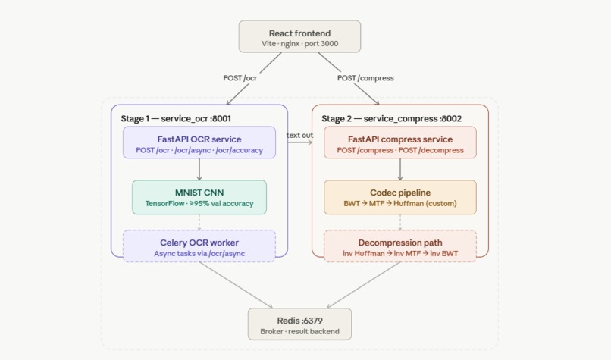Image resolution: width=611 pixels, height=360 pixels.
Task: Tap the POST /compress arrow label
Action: (x=366, y=77)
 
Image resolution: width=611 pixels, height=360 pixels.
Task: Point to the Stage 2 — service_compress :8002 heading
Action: (x=391, y=119)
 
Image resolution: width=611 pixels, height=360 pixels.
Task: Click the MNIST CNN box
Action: (x=199, y=197)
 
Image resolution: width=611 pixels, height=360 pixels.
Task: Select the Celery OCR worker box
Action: (x=199, y=247)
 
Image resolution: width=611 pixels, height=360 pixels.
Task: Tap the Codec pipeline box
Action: (x=399, y=197)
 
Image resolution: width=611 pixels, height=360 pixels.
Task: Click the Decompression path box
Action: (x=399, y=247)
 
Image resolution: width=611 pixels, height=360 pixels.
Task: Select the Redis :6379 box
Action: (x=299, y=324)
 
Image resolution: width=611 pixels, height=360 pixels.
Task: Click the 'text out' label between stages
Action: (x=299, y=135)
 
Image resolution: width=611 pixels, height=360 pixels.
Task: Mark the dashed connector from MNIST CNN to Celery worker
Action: (x=199, y=221)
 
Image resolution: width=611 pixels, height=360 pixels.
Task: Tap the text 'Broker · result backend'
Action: (x=299, y=331)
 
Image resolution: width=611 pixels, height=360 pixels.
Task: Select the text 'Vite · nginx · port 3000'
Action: (x=299, y=45)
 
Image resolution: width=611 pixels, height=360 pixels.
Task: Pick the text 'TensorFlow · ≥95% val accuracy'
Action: (x=199, y=203)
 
